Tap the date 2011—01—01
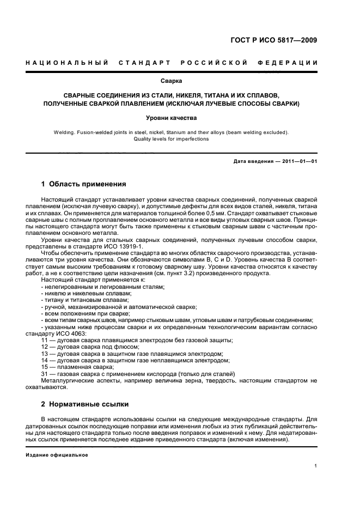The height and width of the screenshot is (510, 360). pyautogui.click(x=299, y=162)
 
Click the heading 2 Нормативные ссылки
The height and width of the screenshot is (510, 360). pyautogui.click(x=84, y=405)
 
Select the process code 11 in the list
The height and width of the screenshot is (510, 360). pyautogui.click(x=44, y=341)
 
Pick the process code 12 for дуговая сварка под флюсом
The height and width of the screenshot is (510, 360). pyautogui.click(x=44, y=347)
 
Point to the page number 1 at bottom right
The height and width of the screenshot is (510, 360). pyautogui.click(x=316, y=466)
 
